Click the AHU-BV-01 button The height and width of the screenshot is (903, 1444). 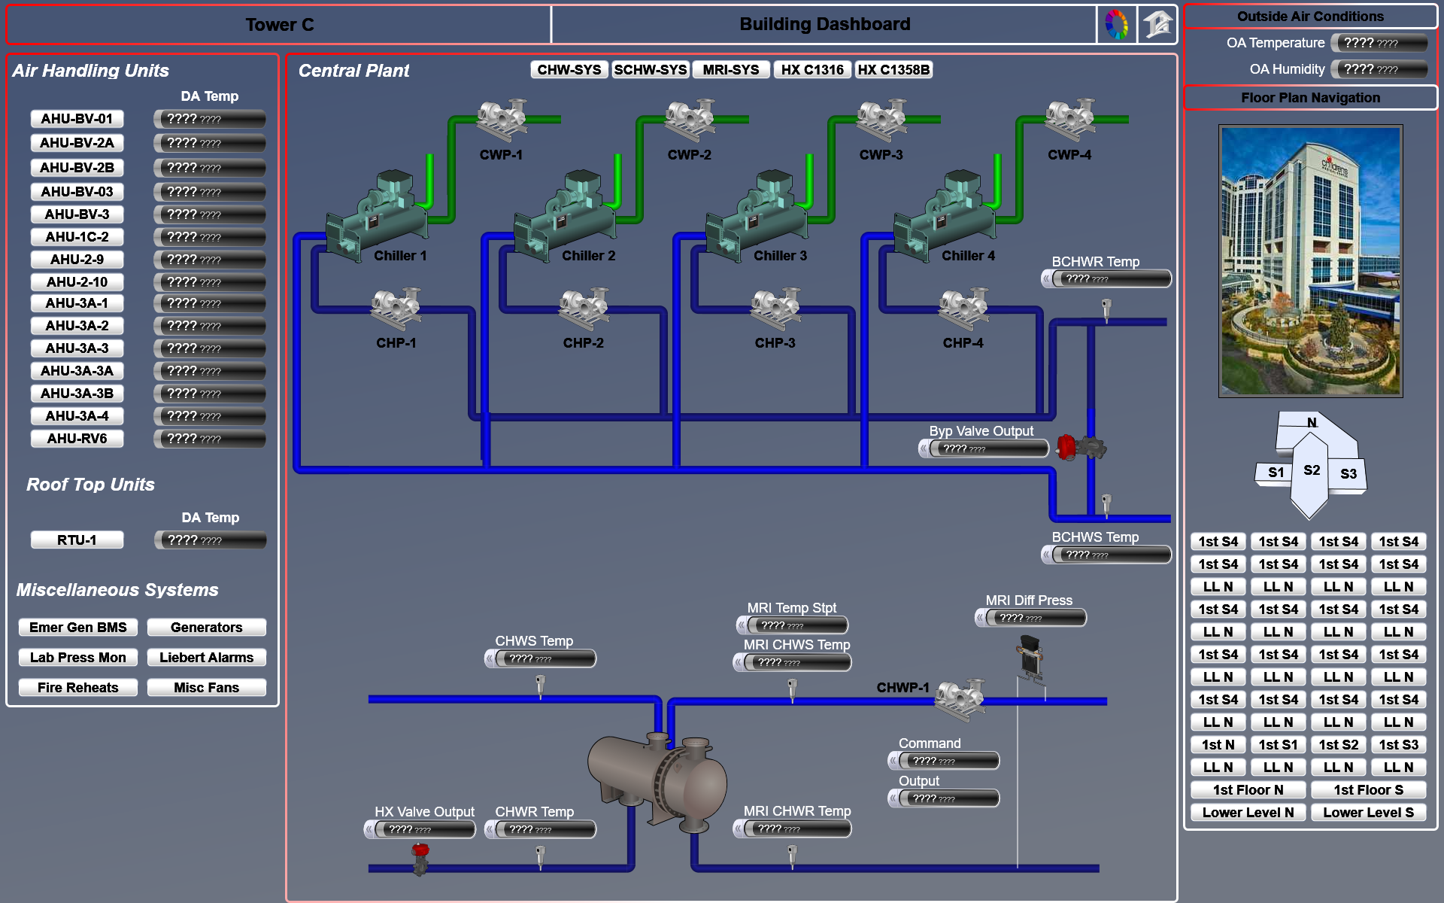(x=77, y=119)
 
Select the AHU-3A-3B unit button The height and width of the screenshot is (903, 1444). (x=77, y=394)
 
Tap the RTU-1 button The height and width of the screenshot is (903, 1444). (x=77, y=540)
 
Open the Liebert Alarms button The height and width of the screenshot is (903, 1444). (x=206, y=658)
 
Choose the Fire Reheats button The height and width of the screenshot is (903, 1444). (x=77, y=688)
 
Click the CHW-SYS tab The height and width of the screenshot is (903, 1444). (x=569, y=70)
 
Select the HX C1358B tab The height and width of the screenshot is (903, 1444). (x=893, y=70)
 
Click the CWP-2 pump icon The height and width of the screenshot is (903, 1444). (x=690, y=120)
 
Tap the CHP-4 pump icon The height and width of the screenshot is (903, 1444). (x=963, y=309)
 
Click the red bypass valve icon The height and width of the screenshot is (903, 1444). (x=1066, y=448)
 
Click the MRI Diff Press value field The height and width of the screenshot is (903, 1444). (x=1036, y=619)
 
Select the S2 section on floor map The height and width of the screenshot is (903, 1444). (x=1311, y=470)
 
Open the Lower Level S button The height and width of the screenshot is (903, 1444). (x=1368, y=813)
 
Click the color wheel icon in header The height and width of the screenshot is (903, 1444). (x=1116, y=25)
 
